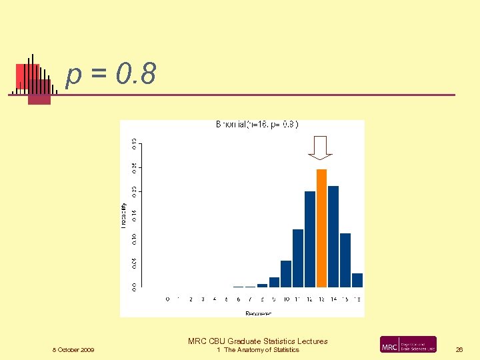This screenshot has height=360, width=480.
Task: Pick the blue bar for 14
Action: [x=333, y=236]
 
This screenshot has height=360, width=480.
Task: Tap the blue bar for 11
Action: [x=298, y=258]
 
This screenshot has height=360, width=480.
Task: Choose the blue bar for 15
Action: [x=345, y=260]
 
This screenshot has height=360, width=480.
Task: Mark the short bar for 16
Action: [x=357, y=280]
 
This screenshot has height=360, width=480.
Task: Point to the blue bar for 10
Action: [x=286, y=273]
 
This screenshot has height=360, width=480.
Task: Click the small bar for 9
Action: [x=274, y=282]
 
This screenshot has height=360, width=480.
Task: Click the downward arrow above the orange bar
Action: [x=321, y=147]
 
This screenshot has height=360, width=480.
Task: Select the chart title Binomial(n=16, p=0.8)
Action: [x=257, y=125]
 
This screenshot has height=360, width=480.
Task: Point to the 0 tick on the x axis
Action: [x=167, y=299]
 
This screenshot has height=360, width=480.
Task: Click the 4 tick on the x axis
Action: [x=215, y=299]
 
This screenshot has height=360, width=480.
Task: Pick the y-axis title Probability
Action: [x=123, y=215]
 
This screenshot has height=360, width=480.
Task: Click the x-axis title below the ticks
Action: [x=258, y=313]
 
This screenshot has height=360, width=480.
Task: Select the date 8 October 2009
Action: [x=73, y=350]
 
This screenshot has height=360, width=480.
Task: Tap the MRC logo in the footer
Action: [x=408, y=345]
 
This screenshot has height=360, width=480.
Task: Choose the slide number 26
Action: [x=459, y=350]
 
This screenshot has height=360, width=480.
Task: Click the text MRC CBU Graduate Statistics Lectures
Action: [x=258, y=341]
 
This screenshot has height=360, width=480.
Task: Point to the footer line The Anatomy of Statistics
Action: [x=260, y=350]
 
